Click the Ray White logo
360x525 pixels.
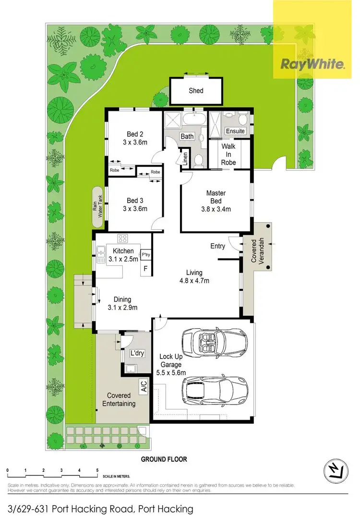pyautogui.click(x=312, y=63)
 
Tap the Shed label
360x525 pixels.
pyautogui.click(x=196, y=91)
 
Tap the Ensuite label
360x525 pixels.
pyautogui.click(x=235, y=131)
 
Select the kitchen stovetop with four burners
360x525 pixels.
pyautogui.click(x=123, y=238)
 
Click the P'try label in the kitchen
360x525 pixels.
pyautogui.click(x=145, y=254)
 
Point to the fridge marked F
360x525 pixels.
pyautogui.click(x=145, y=268)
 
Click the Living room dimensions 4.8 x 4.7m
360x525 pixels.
pyautogui.click(x=194, y=281)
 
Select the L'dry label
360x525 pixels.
pyautogui.click(x=137, y=354)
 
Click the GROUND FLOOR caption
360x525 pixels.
pyautogui.click(x=164, y=459)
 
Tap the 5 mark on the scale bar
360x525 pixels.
pyautogui.click(x=97, y=470)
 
